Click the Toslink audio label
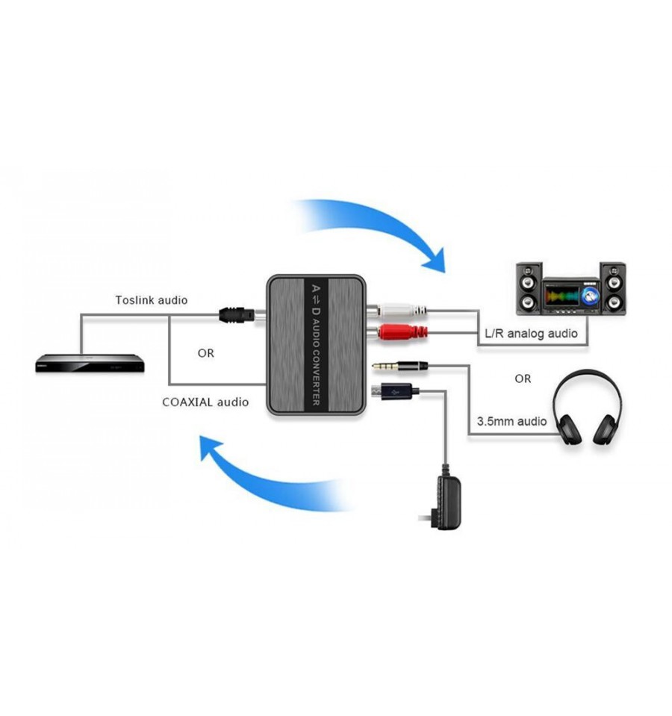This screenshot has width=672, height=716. point(151,300)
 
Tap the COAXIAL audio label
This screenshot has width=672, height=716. point(205,402)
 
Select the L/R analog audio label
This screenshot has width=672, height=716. point(531,333)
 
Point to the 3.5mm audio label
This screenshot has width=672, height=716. point(511,421)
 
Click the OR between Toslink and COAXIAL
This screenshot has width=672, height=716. point(206,353)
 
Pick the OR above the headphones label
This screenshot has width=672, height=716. point(523,379)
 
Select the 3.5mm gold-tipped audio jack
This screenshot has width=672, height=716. point(400,365)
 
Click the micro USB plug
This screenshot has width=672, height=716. point(395,391)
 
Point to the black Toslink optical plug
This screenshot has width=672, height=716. point(237,314)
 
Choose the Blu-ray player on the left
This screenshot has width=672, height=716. point(90,363)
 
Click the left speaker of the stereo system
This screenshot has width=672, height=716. point(529,289)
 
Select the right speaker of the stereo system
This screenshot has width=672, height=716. point(613,289)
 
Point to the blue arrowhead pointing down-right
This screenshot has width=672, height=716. point(434,261)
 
